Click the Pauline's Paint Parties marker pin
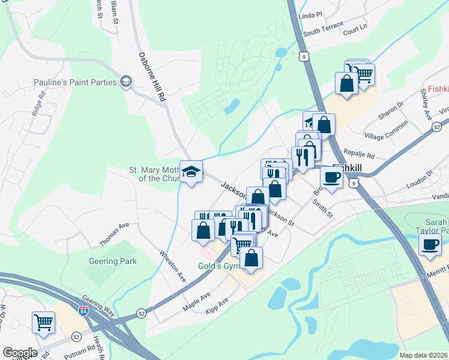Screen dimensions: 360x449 (x=126, y=82)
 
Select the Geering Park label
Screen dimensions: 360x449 (x=113, y=262)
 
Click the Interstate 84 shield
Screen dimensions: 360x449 (x=83, y=311)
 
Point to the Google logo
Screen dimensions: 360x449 (x=20, y=352)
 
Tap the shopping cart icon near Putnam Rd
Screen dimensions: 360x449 (x=44, y=322)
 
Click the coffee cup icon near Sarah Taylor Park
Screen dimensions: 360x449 (x=429, y=245)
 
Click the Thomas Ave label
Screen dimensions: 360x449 (x=115, y=233)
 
